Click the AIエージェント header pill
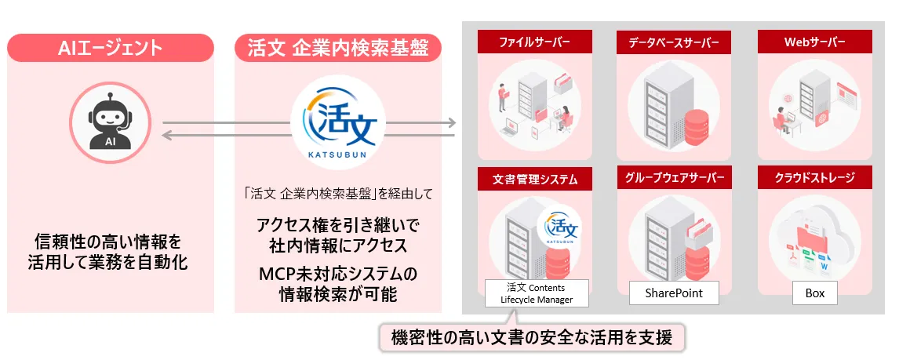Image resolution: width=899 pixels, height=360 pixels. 111,48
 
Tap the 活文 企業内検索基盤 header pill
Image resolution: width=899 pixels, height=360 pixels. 337,48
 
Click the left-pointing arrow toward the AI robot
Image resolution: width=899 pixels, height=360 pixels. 308,135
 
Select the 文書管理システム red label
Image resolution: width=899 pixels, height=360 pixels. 535,178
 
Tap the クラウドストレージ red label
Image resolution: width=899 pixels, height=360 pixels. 814,177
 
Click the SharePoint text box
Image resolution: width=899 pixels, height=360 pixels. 674,293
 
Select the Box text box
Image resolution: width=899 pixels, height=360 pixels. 815,293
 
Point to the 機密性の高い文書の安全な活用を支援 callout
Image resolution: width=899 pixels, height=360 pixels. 532,337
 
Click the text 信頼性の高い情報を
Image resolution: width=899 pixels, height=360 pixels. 111,240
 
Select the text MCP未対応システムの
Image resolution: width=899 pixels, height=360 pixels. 337,275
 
